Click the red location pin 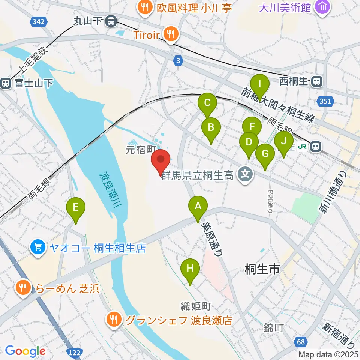coord(161,160)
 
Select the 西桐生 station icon coord(317,80)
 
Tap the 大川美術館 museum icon coord(322,7)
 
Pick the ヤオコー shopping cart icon coord(38,247)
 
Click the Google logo coord(25,351)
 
